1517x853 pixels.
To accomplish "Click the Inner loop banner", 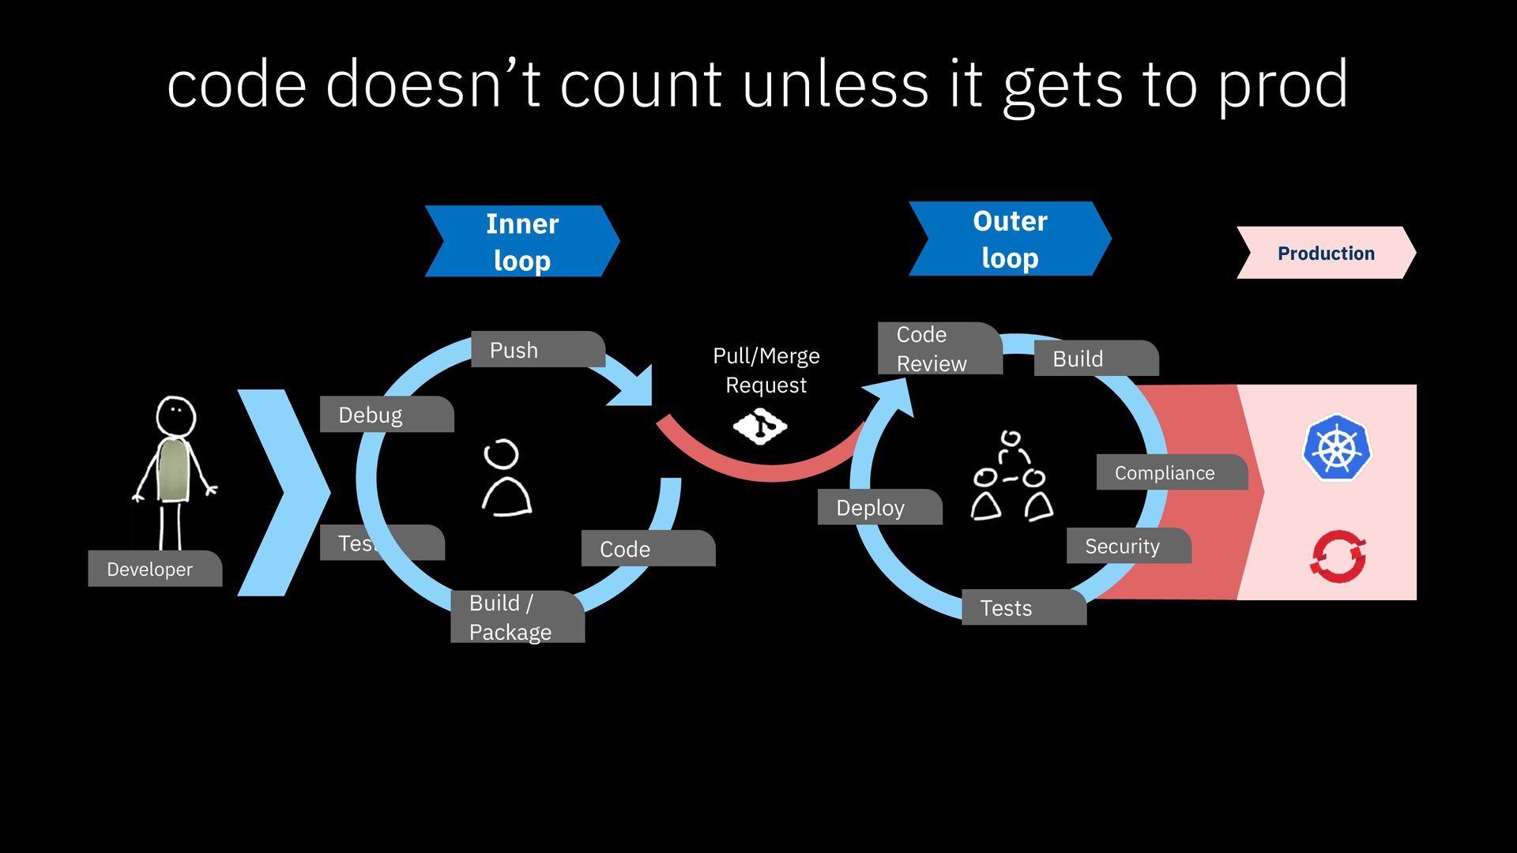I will click(x=522, y=242).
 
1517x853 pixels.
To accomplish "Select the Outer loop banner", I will click(x=1010, y=239).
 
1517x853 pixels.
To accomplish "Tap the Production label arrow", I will click(x=1326, y=253).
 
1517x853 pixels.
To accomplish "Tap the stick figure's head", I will click(x=175, y=415).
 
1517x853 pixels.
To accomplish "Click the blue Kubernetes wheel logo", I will click(x=1337, y=448).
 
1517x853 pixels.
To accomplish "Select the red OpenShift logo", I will click(x=1338, y=557).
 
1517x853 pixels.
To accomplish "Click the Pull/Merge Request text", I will click(x=766, y=370).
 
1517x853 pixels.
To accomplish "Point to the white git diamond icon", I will click(x=760, y=426).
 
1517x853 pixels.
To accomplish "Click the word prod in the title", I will click(x=1282, y=85).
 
